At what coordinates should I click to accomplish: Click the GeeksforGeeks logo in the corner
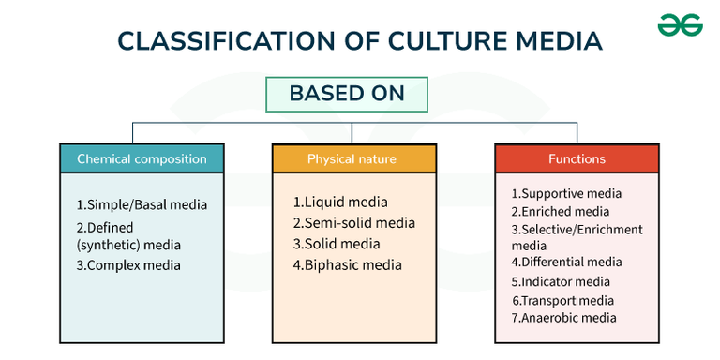coord(680,25)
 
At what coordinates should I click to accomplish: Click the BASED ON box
coord(347,94)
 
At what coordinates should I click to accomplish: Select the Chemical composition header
coord(142,158)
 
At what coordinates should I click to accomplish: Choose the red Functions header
coord(577,158)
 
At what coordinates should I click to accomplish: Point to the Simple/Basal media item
coord(142,204)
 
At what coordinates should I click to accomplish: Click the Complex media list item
coord(128,265)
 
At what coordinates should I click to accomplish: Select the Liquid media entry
coord(339,202)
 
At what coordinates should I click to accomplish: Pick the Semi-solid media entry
coord(353,223)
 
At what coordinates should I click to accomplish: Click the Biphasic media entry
coord(347,264)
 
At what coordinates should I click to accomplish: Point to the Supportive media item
coord(566,193)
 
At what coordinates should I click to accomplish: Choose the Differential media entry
coord(566,262)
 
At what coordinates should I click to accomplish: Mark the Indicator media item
coord(561,281)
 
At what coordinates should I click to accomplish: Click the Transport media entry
coord(563,300)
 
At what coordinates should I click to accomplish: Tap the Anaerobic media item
coord(563,318)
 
